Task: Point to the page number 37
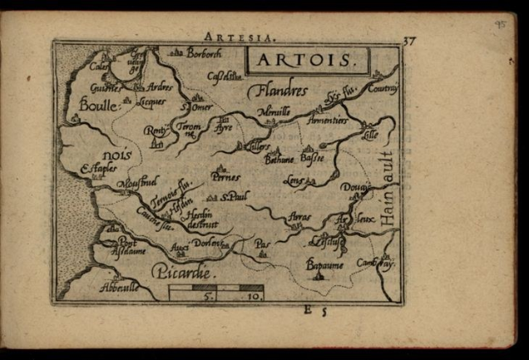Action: pos(409,41)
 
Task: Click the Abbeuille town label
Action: pos(118,288)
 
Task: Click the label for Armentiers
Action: pos(330,121)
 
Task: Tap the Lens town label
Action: pos(294,180)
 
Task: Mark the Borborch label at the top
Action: pos(204,53)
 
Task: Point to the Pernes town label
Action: pos(226,177)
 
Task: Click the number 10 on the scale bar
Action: pos(253,298)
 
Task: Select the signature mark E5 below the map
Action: pos(314,311)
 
